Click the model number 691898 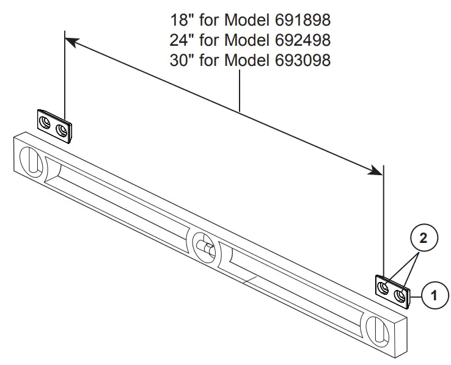point(299,20)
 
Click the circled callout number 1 point(433,297)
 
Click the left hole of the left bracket point(46,124)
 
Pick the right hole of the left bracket point(61,130)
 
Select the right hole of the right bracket point(400,295)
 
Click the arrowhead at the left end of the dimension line point(71,42)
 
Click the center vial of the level point(204,246)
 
